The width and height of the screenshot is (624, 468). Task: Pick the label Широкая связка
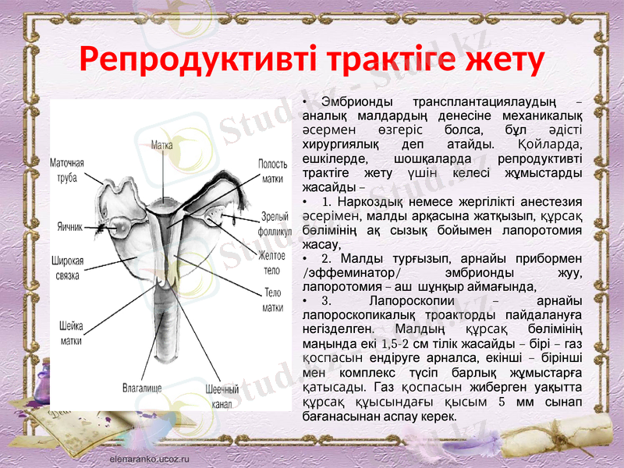[67, 268]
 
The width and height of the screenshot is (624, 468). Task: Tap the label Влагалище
[143, 385]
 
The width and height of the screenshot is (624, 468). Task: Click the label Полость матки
[272, 171]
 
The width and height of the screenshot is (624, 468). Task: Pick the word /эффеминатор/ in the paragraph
[351, 272]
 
